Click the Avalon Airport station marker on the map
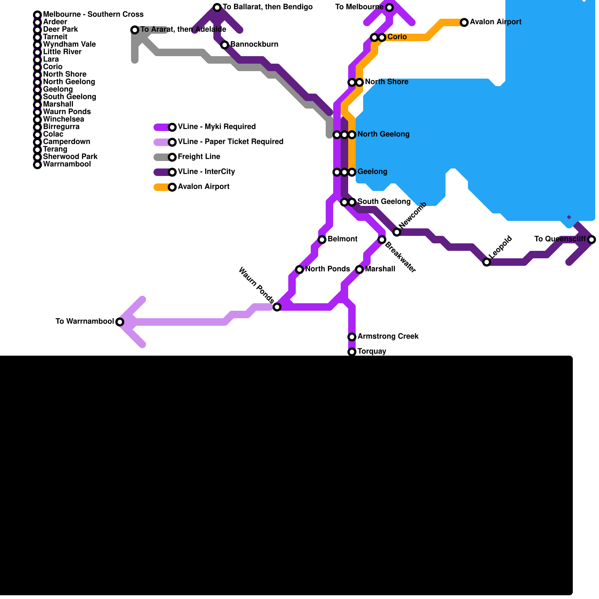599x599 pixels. click(x=464, y=22)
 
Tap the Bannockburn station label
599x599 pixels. click(x=254, y=45)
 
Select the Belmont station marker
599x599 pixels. click(x=322, y=240)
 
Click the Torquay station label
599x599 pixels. click(x=371, y=352)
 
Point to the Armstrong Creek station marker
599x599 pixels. click(x=352, y=337)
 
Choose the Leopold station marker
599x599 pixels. click(x=487, y=262)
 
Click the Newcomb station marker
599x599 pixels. click(x=397, y=232)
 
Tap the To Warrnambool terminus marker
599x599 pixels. click(x=120, y=322)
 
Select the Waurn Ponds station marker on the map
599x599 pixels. click(x=277, y=307)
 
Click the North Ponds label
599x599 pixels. click(x=327, y=269)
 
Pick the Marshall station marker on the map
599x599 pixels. click(x=359, y=270)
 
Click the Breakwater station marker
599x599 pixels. click(x=382, y=240)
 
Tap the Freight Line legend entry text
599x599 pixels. click(x=199, y=157)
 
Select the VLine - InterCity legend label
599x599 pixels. click(x=206, y=172)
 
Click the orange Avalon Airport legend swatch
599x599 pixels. click(x=161, y=187)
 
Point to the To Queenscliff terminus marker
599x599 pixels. click(x=592, y=240)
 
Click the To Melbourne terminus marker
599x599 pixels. click(x=389, y=7)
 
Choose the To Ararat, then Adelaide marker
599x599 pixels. click(x=135, y=30)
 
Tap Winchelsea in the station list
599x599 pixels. click(x=63, y=119)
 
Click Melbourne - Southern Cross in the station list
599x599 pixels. click(x=93, y=15)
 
